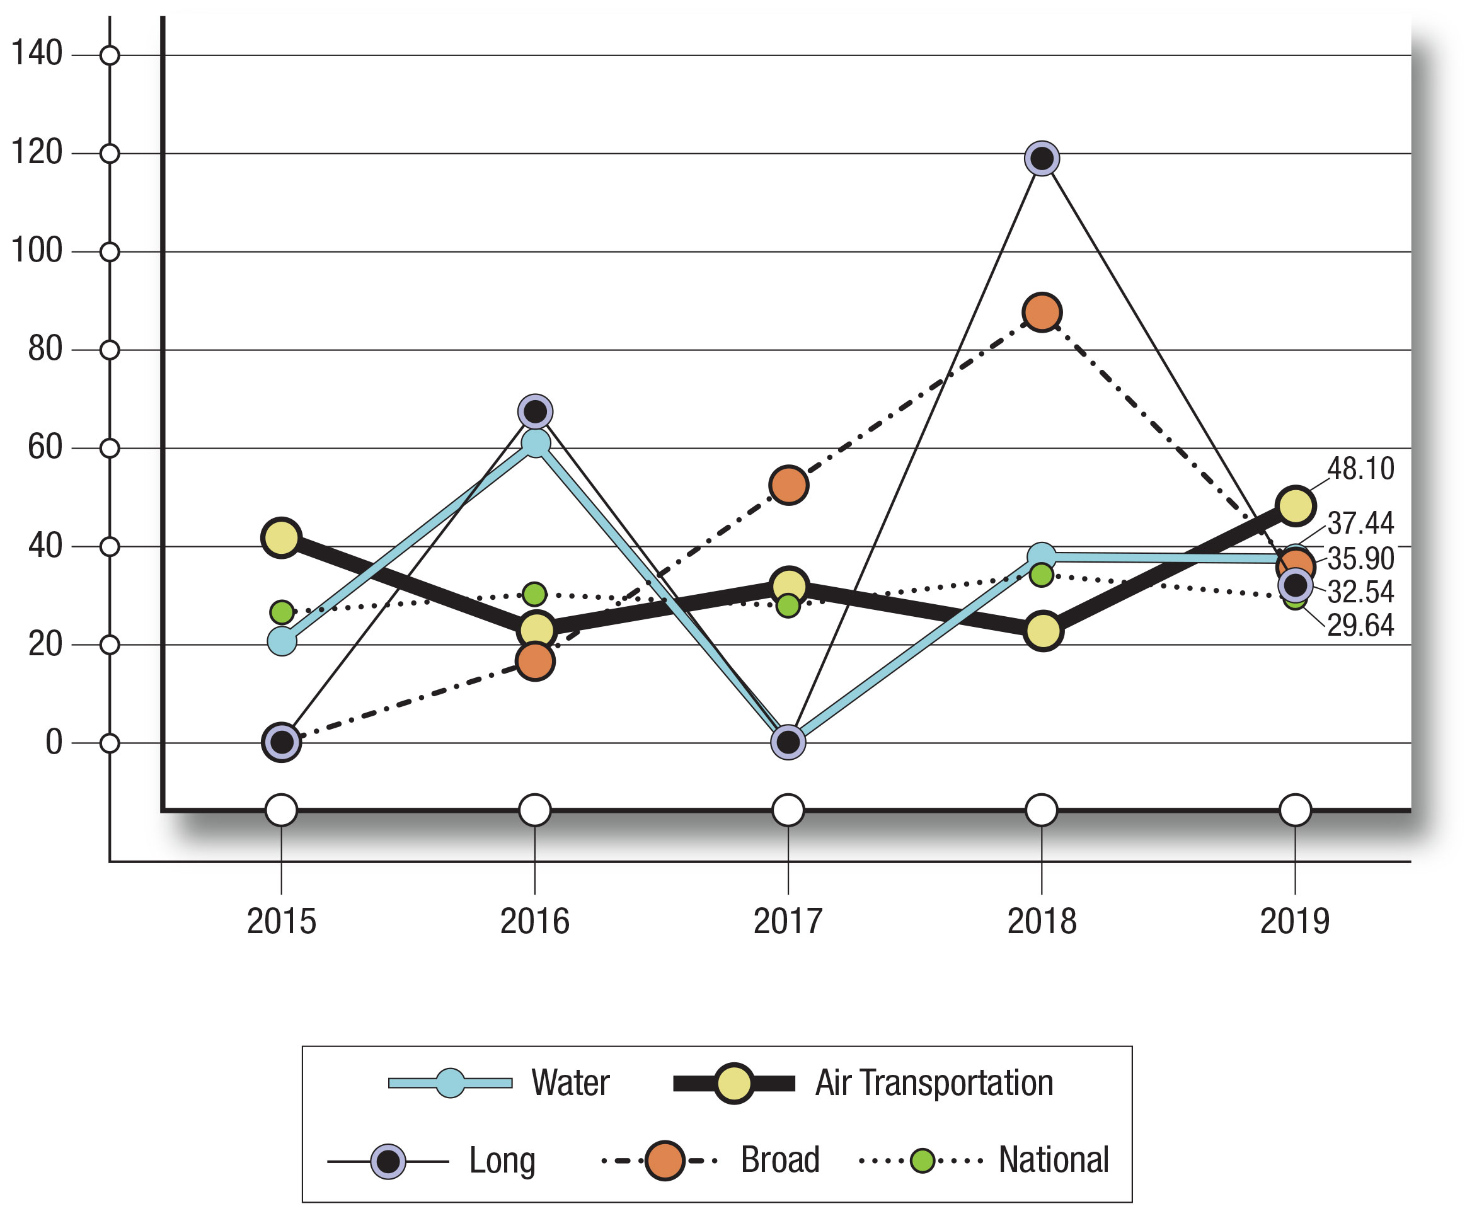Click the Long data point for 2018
1042,158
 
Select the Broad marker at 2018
1042,312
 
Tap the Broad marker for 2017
788,485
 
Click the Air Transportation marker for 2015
282,538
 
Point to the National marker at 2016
534,594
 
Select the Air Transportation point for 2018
1042,631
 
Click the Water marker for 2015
282,641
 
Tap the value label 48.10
1360,469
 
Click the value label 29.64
1360,626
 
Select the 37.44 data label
1360,523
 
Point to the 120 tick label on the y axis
37,152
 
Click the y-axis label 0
54,742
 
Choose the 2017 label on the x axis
788,921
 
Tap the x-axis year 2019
1295,921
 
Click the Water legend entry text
570,1082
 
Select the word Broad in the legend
779,1160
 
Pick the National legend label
1053,1160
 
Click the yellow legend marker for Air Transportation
733,1084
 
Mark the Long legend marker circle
388,1161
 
